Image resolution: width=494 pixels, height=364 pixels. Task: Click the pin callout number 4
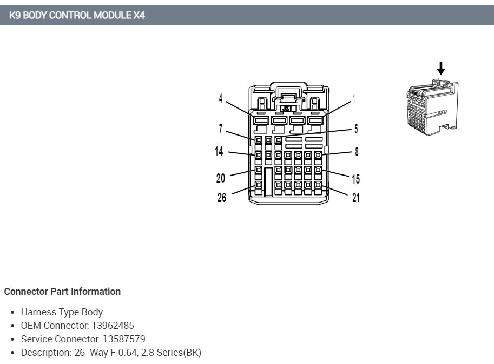coord(221,98)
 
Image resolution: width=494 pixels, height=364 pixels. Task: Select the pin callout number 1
coord(354,98)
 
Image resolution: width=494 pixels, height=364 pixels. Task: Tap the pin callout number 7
coord(221,130)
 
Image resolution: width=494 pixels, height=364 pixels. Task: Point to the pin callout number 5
coord(356,129)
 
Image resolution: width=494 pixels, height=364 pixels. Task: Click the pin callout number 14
coord(219,151)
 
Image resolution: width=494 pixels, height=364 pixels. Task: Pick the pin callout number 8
coord(357,152)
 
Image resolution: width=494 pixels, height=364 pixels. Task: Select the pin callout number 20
coord(221,178)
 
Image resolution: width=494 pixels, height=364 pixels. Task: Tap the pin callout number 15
coord(355,179)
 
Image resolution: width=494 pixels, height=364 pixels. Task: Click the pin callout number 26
coord(222,198)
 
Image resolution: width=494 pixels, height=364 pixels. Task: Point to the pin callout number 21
coord(355,198)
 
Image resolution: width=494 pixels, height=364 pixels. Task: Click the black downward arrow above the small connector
coord(441,69)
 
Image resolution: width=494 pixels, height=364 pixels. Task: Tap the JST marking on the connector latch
coord(287,108)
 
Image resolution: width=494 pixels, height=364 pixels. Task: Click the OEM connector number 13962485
coord(113,326)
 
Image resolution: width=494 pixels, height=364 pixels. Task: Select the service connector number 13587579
coord(124,339)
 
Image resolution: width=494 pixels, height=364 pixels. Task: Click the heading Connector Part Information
coord(62,292)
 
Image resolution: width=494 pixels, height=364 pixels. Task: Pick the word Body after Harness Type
coord(92,312)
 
